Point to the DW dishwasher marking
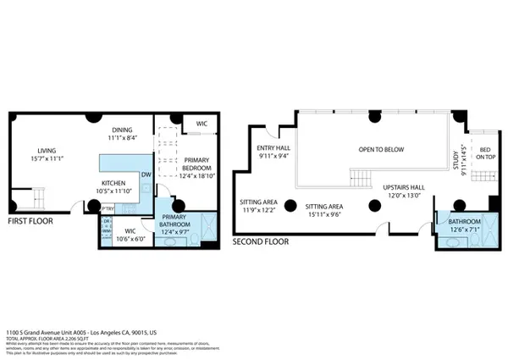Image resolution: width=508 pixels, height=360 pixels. tap(146, 175)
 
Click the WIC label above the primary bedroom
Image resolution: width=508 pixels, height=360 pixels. tap(201, 124)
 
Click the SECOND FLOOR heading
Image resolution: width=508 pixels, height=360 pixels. tap(261, 241)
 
